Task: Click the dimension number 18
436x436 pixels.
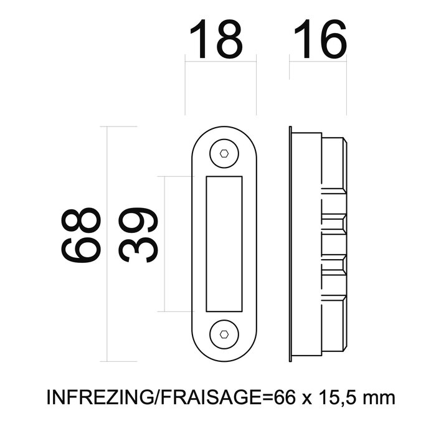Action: (x=216, y=39)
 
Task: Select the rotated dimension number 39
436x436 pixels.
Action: (x=138, y=234)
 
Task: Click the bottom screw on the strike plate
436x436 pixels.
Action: (x=224, y=334)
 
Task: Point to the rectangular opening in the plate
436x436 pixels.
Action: (x=224, y=244)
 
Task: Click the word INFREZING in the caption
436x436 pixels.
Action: (x=99, y=397)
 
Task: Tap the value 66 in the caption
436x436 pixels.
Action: (x=285, y=397)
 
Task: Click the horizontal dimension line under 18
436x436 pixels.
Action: (x=221, y=62)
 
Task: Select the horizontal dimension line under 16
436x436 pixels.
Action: (x=318, y=62)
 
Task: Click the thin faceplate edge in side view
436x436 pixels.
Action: (x=290, y=243)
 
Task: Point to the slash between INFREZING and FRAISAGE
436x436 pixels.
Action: (x=152, y=397)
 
